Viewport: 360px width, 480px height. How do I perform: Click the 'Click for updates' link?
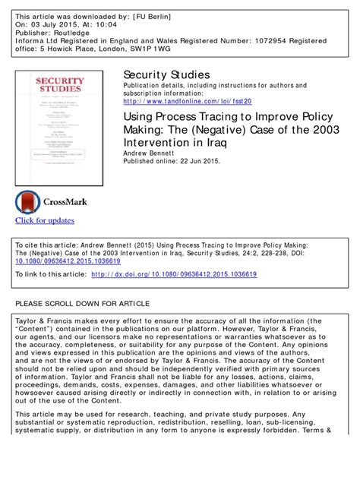click(45, 220)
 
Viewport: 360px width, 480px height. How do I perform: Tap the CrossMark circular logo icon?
click(30, 201)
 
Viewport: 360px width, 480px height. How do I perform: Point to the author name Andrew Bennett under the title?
click(149, 151)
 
